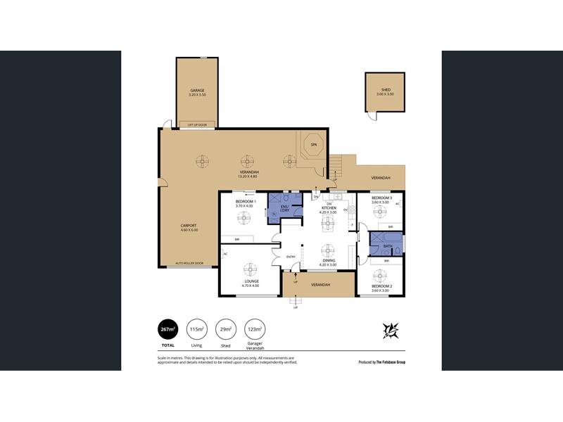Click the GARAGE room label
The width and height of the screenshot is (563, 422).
pyautogui.click(x=197, y=91)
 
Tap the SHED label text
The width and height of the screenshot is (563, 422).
pyautogui.click(x=386, y=91)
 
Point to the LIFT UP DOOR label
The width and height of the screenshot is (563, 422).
pyautogui.click(x=197, y=124)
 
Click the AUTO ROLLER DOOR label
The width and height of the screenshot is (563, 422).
pyautogui.click(x=189, y=263)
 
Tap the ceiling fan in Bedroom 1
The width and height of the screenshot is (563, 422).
pyautogui.click(x=245, y=219)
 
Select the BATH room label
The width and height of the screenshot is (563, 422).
pyautogui.click(x=387, y=246)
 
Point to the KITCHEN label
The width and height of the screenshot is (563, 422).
pyautogui.click(x=329, y=208)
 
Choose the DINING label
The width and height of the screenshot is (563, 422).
pyautogui.click(x=329, y=262)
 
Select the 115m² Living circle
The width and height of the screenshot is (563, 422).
pyautogui.click(x=198, y=329)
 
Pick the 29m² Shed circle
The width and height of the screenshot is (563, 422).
pyautogui.click(x=226, y=329)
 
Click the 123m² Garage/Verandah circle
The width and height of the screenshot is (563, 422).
pyautogui.click(x=254, y=329)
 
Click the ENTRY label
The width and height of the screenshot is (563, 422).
pyautogui.click(x=291, y=257)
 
